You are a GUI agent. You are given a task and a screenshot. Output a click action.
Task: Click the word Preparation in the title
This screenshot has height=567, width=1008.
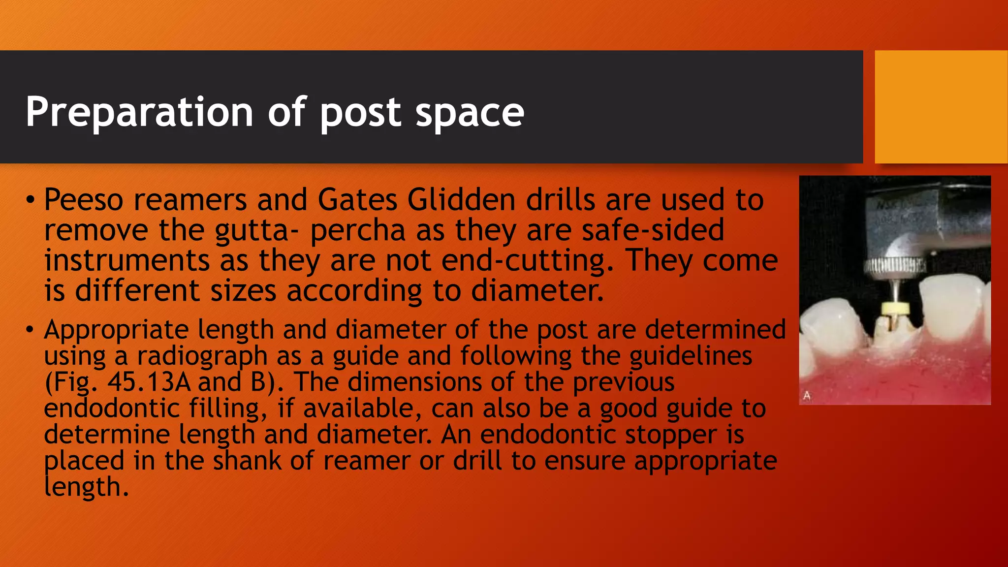click(x=139, y=112)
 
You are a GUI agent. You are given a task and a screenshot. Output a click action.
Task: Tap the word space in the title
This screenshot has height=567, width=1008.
click(x=470, y=113)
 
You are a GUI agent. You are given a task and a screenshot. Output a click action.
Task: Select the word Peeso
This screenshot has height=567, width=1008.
click(x=84, y=200)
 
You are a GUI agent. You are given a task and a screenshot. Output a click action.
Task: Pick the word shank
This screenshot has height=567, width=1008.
click(x=247, y=461)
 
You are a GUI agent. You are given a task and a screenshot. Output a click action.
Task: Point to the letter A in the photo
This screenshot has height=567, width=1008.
click(x=807, y=395)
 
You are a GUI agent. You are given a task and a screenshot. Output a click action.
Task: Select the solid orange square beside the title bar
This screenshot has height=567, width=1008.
click(x=941, y=107)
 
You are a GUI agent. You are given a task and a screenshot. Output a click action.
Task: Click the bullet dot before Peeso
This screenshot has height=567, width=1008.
click(x=31, y=200)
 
